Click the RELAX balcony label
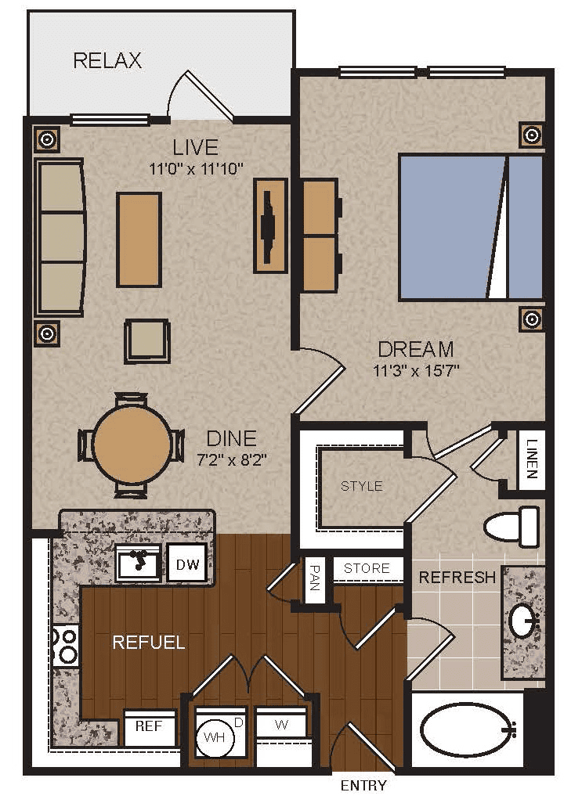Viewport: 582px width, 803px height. point(107,60)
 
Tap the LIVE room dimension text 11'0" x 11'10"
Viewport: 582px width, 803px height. point(195,168)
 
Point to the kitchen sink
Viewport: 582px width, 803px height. point(138,563)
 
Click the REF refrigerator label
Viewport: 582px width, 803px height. point(149,726)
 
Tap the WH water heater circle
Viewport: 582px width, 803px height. point(214,737)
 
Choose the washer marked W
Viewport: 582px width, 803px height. point(281,725)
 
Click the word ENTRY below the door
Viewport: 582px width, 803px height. point(363,785)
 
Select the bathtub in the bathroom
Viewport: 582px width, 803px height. point(467,729)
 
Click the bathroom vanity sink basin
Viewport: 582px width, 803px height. point(522,621)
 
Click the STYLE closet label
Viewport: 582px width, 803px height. point(362,485)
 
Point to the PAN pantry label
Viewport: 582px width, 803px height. point(315,577)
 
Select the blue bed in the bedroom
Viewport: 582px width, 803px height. point(471,227)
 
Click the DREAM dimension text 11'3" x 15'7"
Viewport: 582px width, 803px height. point(416,369)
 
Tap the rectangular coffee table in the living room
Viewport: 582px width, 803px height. point(139,239)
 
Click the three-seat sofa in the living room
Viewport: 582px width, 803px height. point(60,237)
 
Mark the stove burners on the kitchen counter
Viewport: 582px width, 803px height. point(67,645)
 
